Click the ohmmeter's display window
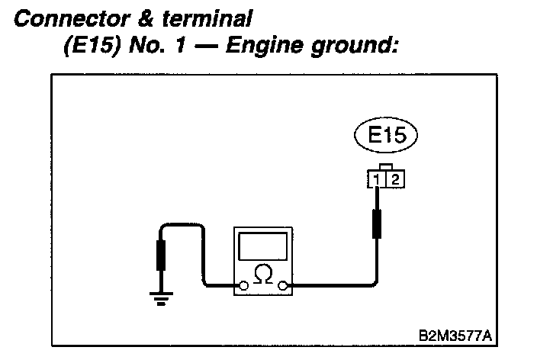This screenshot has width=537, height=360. click(263, 246)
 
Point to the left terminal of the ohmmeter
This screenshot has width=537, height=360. click(243, 287)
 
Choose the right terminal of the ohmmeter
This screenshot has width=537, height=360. click(284, 287)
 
